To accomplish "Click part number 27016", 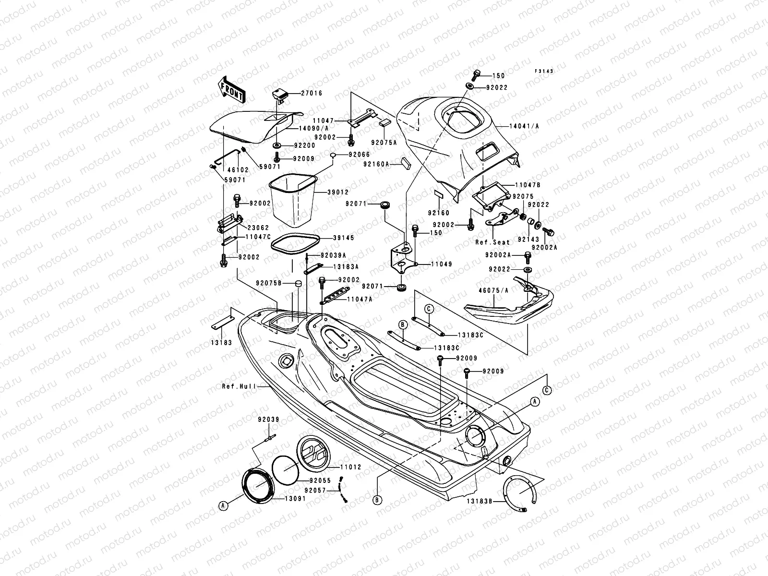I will tap(312, 93).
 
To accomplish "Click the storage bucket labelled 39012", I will tap(293, 200).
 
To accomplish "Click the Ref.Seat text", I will tap(492, 242).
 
